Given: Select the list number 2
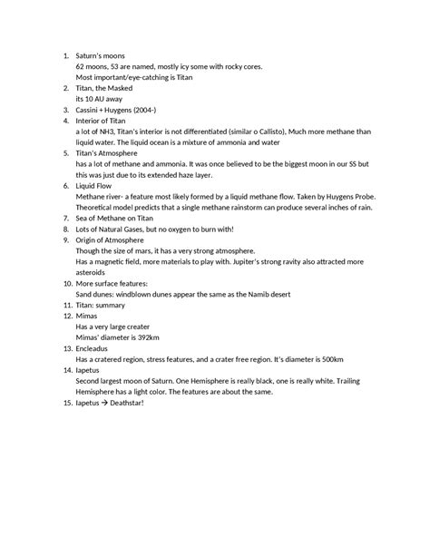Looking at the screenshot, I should [65, 88].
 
